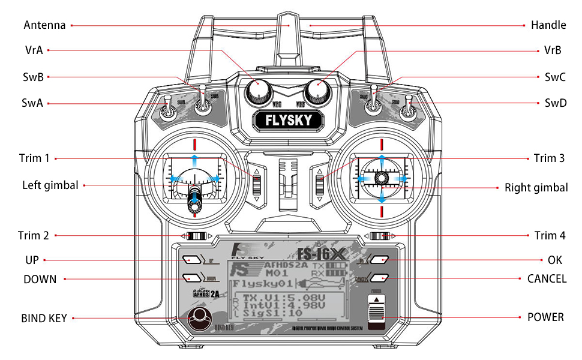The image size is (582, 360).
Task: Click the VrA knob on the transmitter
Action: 259,91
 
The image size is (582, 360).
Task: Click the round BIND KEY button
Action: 199,319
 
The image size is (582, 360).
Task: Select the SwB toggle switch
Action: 204,103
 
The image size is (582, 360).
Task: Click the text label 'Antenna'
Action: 44,25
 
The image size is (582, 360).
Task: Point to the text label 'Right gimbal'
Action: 536,188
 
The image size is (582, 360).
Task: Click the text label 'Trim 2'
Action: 34,236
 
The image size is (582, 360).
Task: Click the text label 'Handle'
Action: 548,25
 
